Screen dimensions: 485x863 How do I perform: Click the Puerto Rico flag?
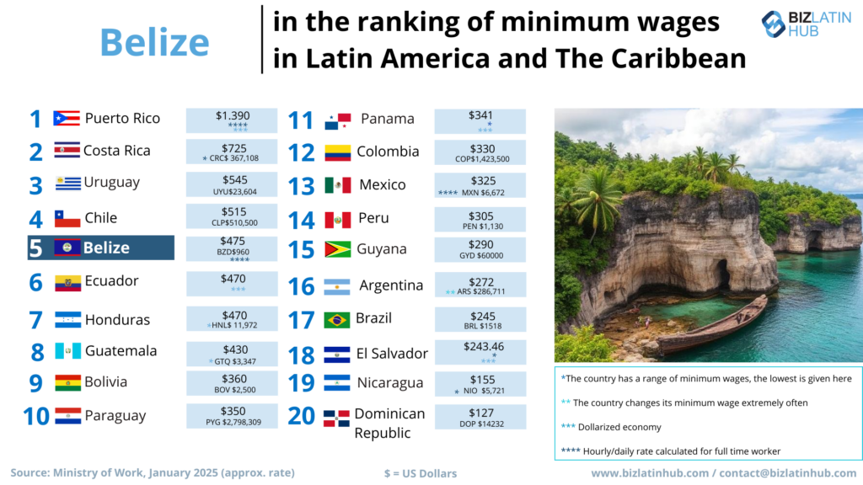(66, 119)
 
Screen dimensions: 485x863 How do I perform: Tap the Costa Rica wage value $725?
(231, 147)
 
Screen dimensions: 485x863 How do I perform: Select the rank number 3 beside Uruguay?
(35, 184)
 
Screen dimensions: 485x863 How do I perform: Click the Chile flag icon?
(67, 219)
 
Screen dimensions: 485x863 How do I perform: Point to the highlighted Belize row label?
(106, 248)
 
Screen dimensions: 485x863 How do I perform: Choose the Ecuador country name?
(111, 281)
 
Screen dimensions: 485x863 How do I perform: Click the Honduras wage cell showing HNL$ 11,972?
(231, 320)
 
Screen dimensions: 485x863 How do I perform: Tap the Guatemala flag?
(67, 351)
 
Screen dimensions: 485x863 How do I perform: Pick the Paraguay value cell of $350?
(231, 415)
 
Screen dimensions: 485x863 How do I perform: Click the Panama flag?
(338, 120)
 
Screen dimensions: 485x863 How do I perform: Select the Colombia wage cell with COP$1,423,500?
(480, 152)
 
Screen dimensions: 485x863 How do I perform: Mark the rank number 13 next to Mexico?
(301, 185)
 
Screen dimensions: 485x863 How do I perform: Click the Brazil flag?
(337, 320)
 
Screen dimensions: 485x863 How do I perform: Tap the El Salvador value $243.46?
(480, 347)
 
